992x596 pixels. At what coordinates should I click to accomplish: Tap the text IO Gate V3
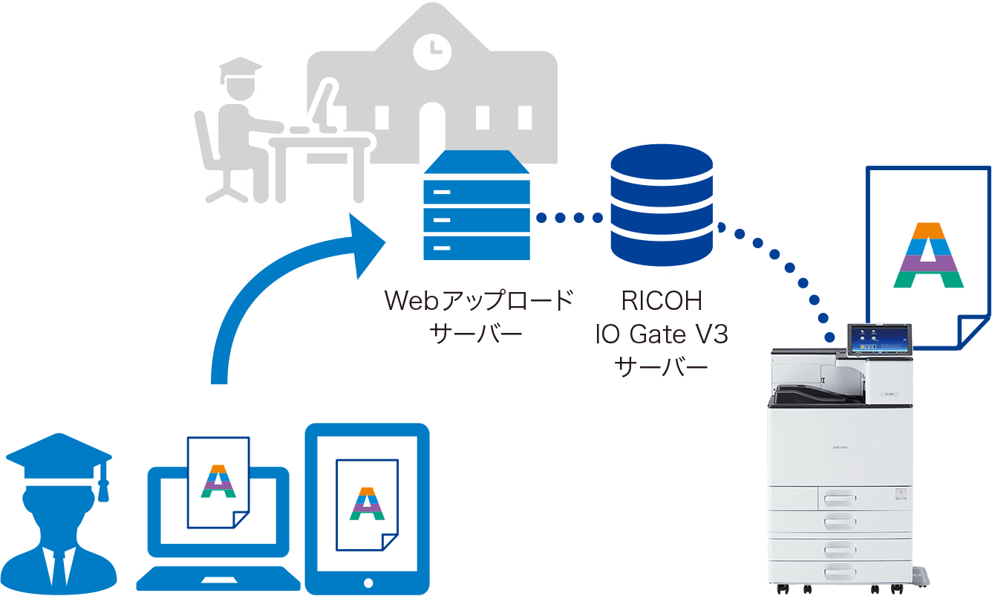[661, 334]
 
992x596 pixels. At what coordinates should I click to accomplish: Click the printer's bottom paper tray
[846, 571]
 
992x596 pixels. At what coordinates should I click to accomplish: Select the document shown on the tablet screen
[367, 505]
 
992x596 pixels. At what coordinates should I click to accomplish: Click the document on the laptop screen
[218, 482]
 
